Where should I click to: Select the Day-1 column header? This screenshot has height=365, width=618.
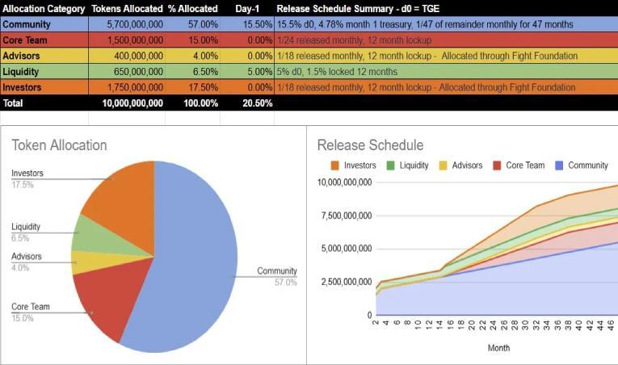[x=247, y=9]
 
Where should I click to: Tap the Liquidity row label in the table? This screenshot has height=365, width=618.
[x=21, y=72]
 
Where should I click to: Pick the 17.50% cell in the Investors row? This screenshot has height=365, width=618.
[x=203, y=87]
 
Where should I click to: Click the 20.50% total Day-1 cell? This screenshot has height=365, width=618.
[x=258, y=103]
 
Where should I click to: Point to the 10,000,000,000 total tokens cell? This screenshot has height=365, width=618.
[x=132, y=103]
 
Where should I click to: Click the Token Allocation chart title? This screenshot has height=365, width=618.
[x=59, y=145]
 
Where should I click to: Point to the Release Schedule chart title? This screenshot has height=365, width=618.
[x=370, y=145]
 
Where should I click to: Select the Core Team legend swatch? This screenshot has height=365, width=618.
[x=497, y=166]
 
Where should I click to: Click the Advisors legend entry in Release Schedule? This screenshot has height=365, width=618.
[x=461, y=166]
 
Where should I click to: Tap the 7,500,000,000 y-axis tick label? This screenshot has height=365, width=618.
[x=347, y=216]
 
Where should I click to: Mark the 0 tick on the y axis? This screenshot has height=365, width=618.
[x=369, y=315]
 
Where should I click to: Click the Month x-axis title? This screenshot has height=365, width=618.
[x=498, y=348]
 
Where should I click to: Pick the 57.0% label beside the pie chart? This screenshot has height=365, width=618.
[x=285, y=282]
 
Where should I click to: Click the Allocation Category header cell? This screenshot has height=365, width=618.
[x=44, y=9]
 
